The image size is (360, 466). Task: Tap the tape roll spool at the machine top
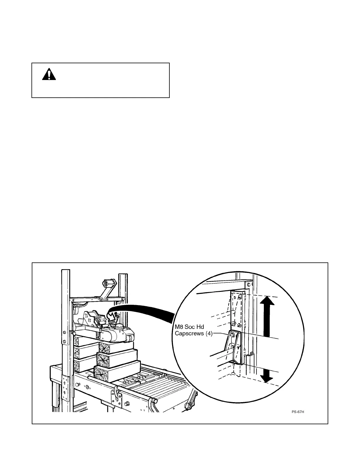click(x=105, y=284)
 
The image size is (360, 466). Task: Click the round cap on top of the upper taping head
click(x=119, y=326)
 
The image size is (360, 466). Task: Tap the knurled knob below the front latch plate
click(x=127, y=403)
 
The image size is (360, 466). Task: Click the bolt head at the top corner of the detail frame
click(x=249, y=285)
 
